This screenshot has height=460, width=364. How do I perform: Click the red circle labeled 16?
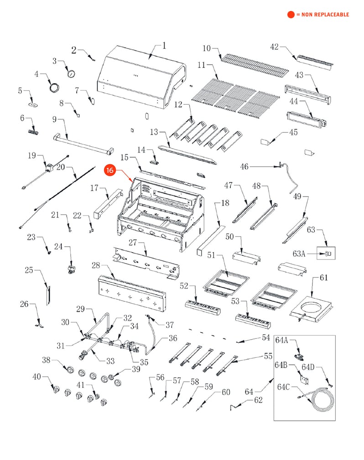pos(110,170)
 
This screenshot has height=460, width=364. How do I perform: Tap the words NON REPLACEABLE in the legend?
pos(326,15)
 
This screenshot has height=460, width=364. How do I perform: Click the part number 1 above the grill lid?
pos(164,46)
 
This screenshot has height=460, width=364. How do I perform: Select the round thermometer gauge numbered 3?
pos(71,74)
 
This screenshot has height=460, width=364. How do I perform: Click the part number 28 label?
pos(95,266)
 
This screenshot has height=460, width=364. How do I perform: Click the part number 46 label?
pos(244,167)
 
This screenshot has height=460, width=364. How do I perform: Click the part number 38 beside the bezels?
pos(46,360)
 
